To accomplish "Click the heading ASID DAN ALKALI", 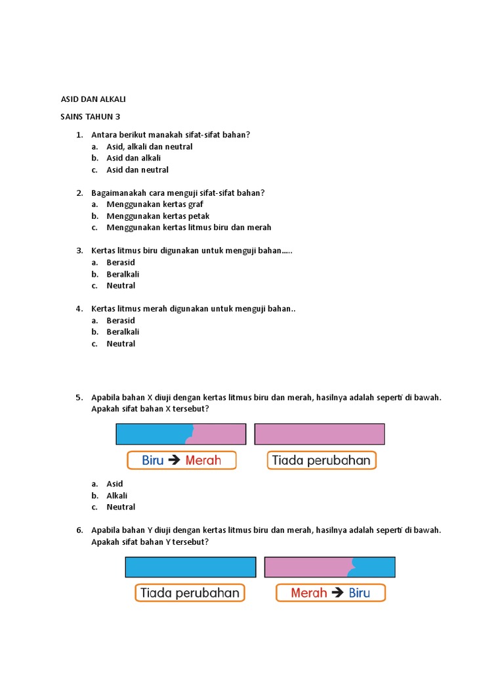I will tap(93, 99).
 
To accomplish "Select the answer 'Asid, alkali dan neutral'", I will tap(150, 147).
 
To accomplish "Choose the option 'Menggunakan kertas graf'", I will tap(155, 204).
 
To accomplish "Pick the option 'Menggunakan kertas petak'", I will tap(158, 216).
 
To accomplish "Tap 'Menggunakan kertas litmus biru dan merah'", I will tap(189, 227).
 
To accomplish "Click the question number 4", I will tap(79, 309).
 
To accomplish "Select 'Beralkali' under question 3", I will tap(123, 274).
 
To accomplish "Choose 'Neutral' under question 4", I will tap(121, 344).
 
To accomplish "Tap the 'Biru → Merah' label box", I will tap(181, 460).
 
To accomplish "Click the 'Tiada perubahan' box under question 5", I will tap(322, 460).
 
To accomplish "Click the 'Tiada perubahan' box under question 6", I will tap(190, 593).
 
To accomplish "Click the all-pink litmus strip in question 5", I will tap(320, 434).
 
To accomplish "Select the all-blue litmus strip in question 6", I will tap(190, 567).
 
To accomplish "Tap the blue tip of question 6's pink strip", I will tap(375, 567).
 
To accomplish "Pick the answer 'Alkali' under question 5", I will tap(117, 496).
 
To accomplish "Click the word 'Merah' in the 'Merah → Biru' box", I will tap(309, 593).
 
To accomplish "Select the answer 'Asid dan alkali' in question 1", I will tap(134, 158).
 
